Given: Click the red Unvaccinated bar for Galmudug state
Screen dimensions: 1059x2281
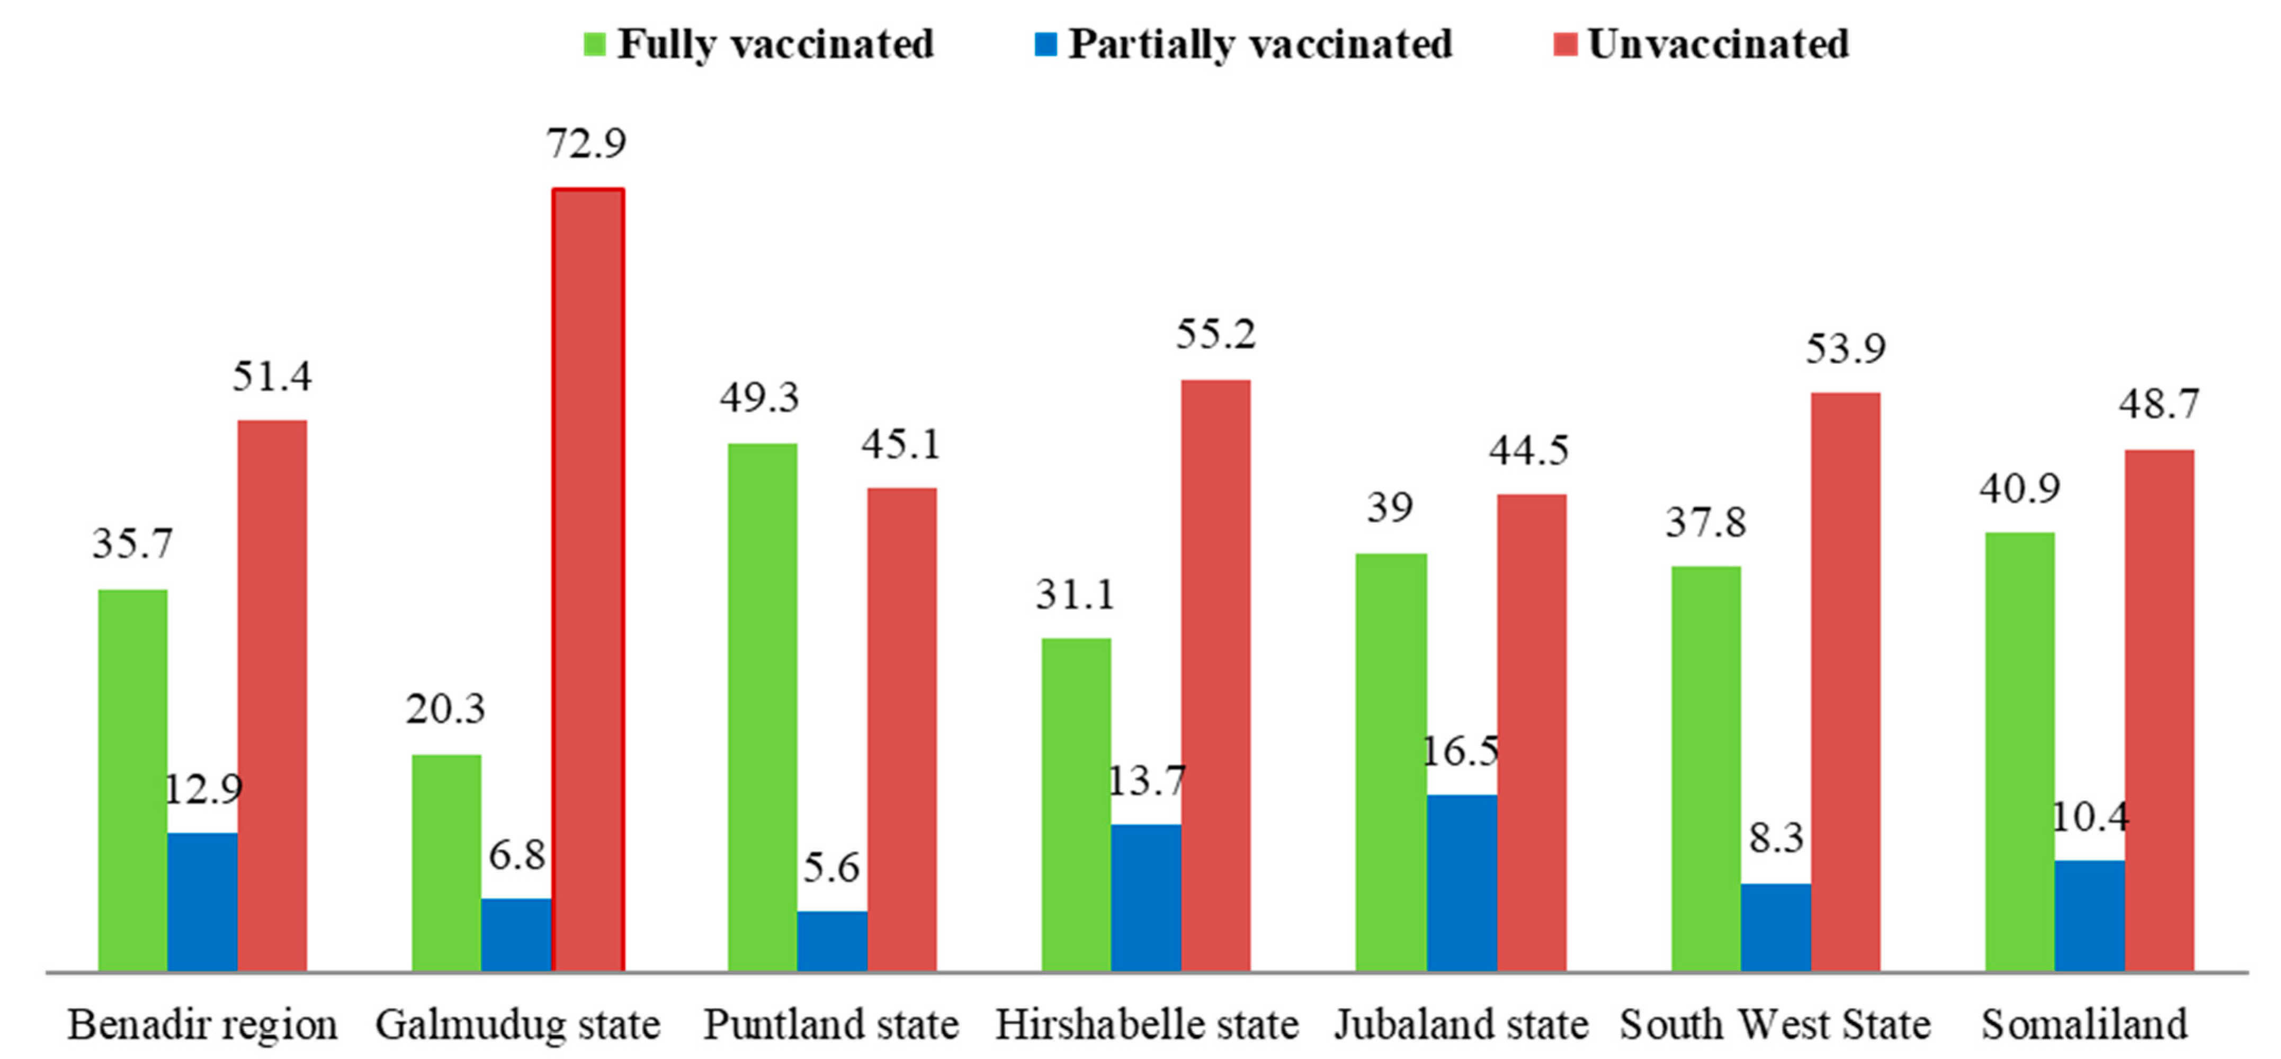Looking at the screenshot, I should (588, 580).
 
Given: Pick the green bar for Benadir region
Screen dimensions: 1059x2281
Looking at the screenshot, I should (133, 779).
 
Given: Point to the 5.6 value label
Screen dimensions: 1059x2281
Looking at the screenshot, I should (830, 868).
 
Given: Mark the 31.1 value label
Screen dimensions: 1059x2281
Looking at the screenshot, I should (1075, 594).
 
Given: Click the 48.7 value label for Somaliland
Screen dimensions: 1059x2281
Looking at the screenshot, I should (2158, 405).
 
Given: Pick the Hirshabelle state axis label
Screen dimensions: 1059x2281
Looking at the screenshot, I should (1147, 1025).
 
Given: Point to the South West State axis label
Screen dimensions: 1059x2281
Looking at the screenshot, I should (1775, 1025).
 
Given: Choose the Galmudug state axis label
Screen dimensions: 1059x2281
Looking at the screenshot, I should (517, 1025).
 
